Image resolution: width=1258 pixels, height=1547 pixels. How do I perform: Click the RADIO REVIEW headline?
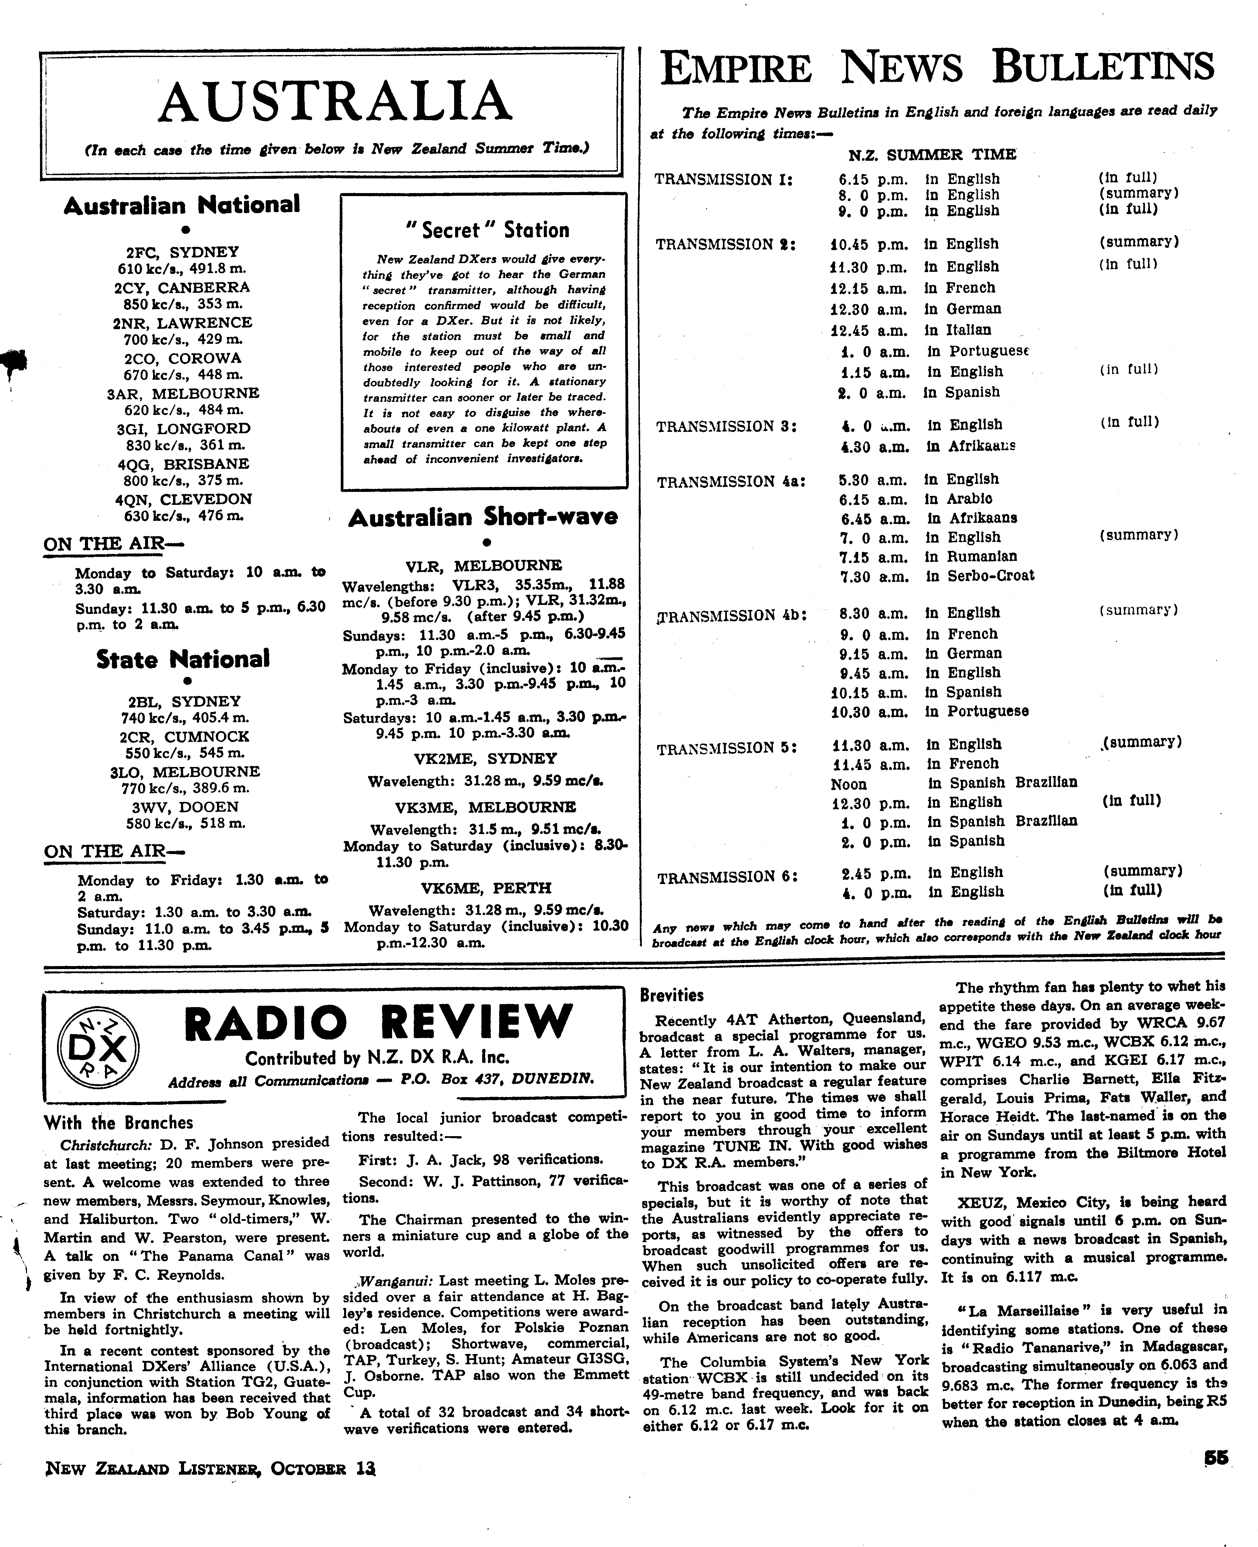click(x=378, y=1022)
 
